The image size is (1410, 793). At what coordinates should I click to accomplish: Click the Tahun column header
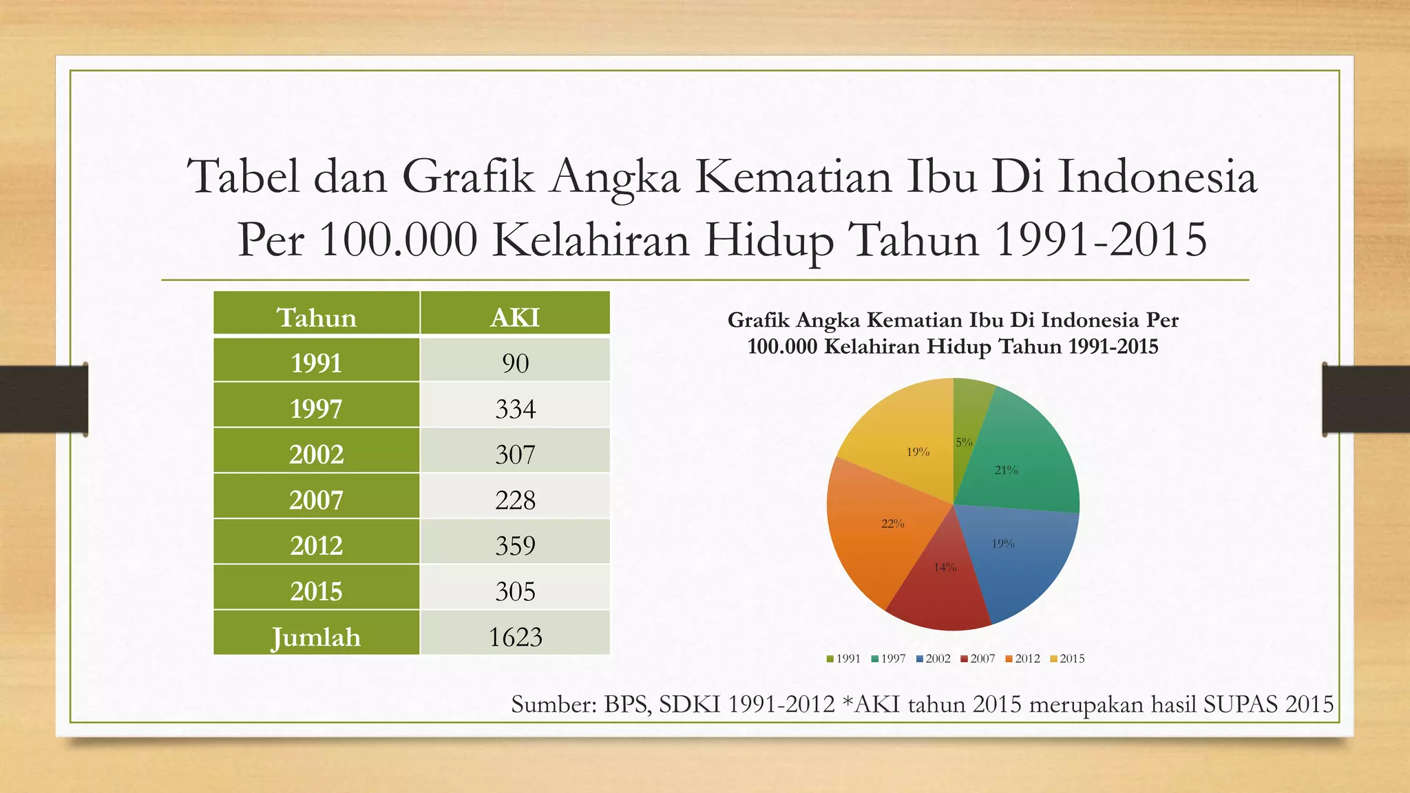click(316, 317)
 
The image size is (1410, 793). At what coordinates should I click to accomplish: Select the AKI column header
click(515, 317)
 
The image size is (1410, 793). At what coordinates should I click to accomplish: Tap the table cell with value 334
click(515, 409)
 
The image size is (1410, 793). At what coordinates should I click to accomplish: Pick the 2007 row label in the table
click(316, 500)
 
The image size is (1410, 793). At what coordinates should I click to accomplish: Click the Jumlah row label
click(316, 637)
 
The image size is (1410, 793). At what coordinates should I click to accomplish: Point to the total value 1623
click(515, 637)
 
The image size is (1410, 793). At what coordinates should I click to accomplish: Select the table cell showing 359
click(515, 545)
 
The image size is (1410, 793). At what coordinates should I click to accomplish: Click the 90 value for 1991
click(515, 363)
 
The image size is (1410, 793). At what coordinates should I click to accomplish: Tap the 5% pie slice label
click(964, 443)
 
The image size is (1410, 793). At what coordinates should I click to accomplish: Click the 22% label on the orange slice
click(893, 524)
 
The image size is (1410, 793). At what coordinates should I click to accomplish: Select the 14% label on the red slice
click(945, 567)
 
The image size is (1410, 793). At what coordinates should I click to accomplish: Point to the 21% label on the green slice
click(1006, 470)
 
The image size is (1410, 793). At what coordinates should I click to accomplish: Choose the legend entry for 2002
click(934, 659)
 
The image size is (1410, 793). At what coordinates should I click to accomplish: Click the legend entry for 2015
click(1068, 659)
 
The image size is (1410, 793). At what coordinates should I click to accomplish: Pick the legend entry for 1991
click(844, 659)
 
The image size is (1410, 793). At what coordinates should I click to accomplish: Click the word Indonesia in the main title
click(1157, 176)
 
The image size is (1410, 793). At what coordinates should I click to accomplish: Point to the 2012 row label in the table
click(316, 545)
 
